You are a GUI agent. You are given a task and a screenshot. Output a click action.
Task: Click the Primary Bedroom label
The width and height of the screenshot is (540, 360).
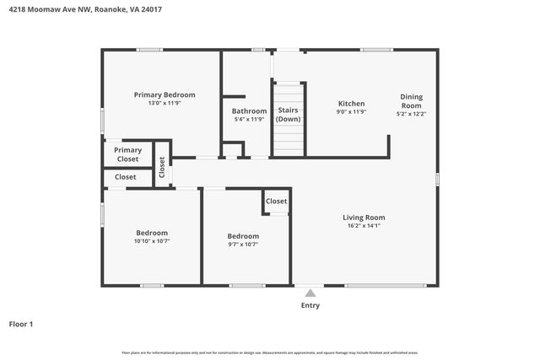point(165,94)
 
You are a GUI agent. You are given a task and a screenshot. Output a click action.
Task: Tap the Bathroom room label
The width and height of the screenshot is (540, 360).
point(249,110)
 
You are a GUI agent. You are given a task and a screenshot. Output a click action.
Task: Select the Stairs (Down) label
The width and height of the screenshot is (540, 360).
point(288,115)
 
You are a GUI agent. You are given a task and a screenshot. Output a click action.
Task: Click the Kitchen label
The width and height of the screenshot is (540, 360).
point(351,103)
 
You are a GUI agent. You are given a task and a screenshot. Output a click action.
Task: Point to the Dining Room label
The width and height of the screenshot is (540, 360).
point(411,100)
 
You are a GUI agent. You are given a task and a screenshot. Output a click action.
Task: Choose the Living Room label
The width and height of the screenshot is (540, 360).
point(364,217)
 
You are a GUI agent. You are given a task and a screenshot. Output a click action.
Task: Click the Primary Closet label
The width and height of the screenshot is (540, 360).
point(128,154)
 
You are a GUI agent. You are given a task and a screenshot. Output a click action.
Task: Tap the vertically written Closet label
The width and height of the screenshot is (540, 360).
point(162,167)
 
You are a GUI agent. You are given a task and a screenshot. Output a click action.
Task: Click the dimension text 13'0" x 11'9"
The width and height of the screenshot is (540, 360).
point(165,104)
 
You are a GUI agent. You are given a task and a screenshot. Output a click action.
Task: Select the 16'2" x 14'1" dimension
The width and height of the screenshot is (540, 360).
point(364,226)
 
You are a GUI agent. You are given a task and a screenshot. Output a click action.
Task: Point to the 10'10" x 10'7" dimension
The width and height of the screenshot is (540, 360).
point(152,242)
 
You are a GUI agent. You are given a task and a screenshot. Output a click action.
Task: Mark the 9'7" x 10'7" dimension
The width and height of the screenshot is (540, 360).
point(243,244)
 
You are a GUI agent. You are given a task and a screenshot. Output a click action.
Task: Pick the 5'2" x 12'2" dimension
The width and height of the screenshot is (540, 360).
point(411,114)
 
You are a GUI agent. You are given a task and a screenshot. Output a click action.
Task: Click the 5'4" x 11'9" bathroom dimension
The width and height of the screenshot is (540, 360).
point(249,120)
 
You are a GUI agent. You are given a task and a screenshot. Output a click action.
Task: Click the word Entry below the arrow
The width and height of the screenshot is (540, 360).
point(310,305)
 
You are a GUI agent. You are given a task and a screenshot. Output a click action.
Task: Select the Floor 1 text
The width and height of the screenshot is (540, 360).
point(21,323)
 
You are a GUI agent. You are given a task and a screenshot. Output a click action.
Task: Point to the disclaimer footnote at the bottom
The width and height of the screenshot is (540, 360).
point(270,352)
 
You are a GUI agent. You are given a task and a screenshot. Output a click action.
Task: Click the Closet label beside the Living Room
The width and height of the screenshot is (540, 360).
point(276,201)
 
